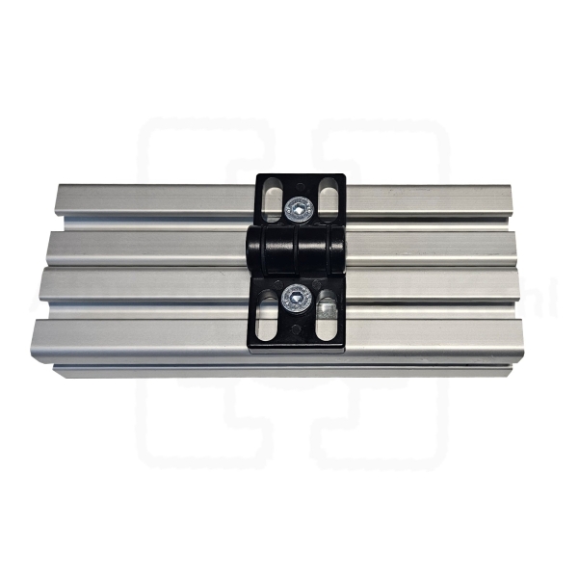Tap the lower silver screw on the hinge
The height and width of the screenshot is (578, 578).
click(297, 304)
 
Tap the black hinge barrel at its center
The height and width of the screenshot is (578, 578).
click(298, 253)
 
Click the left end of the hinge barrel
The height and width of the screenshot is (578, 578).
click(253, 253)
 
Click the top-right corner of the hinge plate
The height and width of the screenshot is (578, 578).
click(344, 175)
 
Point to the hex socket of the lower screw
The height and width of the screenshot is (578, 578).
click(297, 304)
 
